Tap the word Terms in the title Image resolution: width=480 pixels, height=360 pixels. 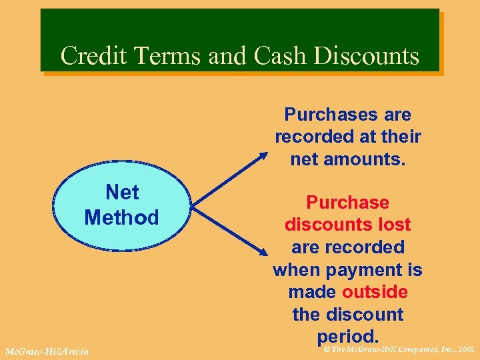coord(169,55)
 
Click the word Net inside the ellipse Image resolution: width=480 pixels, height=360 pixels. coord(122,193)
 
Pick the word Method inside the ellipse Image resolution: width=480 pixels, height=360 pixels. coord(122,217)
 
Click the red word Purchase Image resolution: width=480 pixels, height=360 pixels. coord(347,202)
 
